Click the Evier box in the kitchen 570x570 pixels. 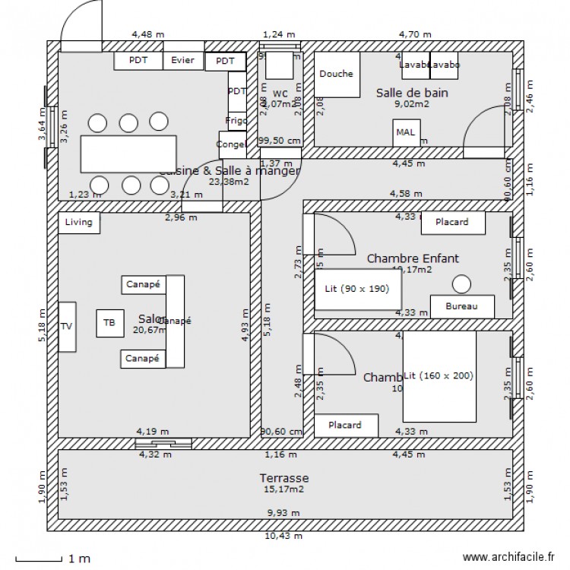pyautogui.click(x=182, y=61)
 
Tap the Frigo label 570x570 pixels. pyautogui.click(x=236, y=121)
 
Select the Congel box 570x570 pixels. pyautogui.click(x=232, y=144)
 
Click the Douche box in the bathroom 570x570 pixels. pyautogui.click(x=337, y=74)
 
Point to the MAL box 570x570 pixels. pyautogui.click(x=405, y=131)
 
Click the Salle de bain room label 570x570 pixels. pyautogui.click(x=412, y=93)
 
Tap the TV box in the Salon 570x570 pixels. pyautogui.click(x=67, y=327)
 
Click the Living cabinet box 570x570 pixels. pyautogui.click(x=79, y=223)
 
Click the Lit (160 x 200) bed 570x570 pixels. pyautogui.click(x=439, y=376)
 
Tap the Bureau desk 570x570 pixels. pyautogui.click(x=462, y=306)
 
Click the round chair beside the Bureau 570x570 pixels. pyautogui.click(x=461, y=283)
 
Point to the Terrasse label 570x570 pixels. pyautogui.click(x=283, y=478)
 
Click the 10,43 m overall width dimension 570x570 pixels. pyautogui.click(x=283, y=536)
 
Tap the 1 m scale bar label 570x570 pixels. pyautogui.click(x=79, y=559)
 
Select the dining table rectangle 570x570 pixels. pyautogui.click(x=128, y=154)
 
